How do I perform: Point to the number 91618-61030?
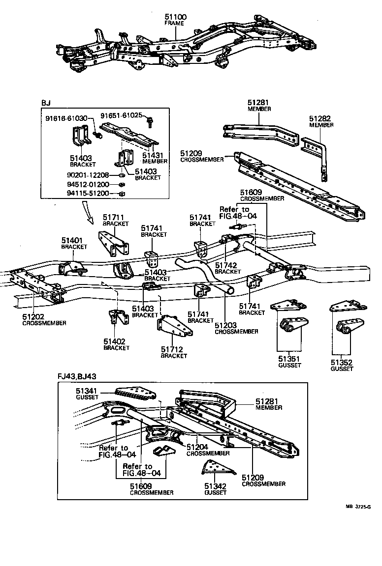66,118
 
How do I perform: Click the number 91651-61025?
122,115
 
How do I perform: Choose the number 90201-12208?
88,175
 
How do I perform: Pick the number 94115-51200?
88,194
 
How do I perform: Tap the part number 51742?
227,265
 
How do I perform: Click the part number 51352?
342,363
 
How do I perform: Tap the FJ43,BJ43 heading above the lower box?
76,377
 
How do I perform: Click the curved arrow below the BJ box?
90,213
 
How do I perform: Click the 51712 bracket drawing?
174,328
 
